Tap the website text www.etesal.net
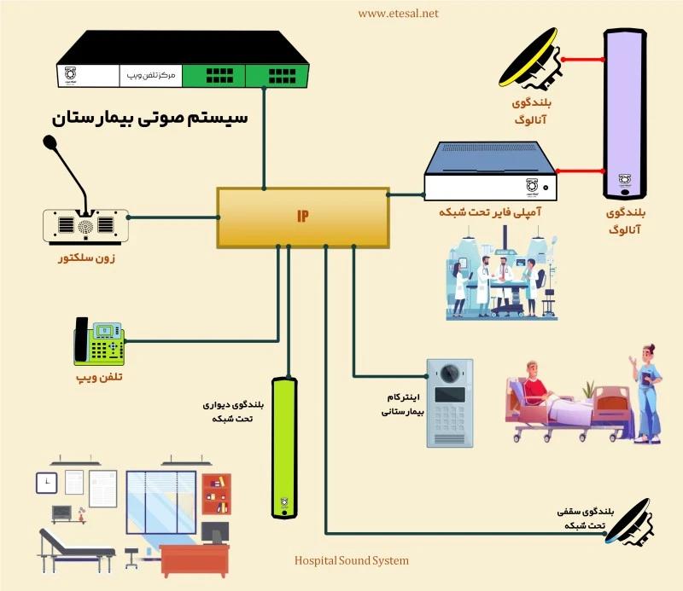click(398, 13)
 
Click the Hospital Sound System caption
click(351, 560)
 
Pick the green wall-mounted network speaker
click(288, 449)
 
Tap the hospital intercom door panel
click(449, 400)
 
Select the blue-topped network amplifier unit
click(492, 171)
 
